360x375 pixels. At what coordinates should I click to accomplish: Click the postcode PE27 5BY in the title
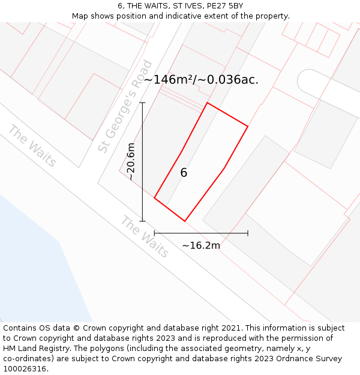pos(224,5)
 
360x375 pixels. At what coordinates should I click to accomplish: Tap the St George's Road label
pos(125,106)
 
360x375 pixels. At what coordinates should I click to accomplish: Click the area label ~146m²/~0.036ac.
pos(201,79)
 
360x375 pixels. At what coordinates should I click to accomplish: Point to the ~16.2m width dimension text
pos(201,245)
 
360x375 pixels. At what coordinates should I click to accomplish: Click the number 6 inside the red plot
pos(184,173)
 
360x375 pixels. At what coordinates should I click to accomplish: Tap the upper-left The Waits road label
pos(32,146)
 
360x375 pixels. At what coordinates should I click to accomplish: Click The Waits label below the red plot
pos(145,236)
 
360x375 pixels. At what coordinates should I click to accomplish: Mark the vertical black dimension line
pos(142,180)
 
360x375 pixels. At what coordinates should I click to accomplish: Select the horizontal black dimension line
pos(201,233)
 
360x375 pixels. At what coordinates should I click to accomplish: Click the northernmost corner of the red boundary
pos(208,103)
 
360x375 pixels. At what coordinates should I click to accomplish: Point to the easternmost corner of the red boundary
pos(247,126)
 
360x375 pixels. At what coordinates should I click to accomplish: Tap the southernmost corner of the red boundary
pos(184,221)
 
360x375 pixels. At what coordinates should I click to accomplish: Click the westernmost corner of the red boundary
pos(155,197)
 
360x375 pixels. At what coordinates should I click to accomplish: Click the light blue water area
pos(36,270)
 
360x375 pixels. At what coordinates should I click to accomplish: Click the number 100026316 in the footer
pos(25,369)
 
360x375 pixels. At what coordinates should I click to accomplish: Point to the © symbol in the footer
pos(76,328)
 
